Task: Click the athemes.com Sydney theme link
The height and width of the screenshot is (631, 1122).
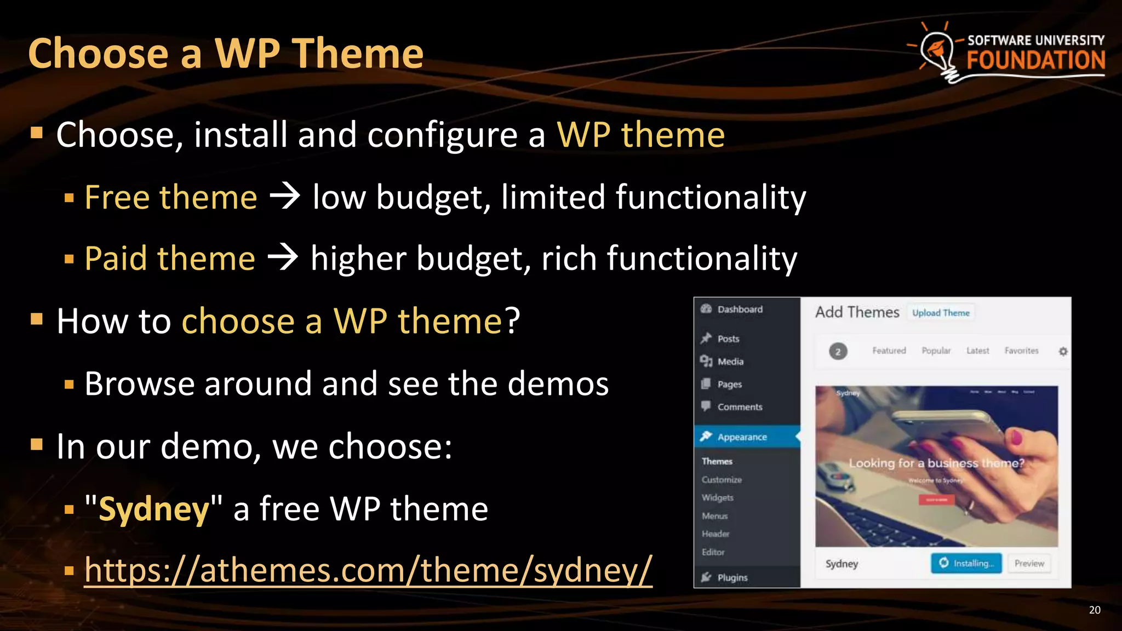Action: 368,570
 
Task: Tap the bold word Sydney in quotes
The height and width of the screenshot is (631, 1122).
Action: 154,509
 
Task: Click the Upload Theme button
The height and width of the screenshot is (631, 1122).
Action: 941,313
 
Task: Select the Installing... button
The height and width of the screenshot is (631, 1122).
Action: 966,563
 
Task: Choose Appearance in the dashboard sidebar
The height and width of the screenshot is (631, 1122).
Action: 742,437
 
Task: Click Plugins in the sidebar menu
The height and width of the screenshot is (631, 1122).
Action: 732,577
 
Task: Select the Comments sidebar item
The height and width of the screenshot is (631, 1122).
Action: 740,407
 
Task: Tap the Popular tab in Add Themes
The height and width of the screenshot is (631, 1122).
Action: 936,351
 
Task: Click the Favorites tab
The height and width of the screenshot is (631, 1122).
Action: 1021,351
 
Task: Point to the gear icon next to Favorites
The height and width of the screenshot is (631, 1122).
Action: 1063,351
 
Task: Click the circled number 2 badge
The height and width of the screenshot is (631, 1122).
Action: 838,351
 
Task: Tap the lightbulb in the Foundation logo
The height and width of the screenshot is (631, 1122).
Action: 938,52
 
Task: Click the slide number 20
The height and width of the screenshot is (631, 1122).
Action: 1094,610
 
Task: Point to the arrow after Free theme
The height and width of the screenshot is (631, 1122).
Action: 285,197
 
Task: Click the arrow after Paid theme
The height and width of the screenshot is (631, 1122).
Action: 283,258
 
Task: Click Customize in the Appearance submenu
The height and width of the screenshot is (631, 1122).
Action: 722,480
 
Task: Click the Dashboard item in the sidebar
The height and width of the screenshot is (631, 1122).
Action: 740,309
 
